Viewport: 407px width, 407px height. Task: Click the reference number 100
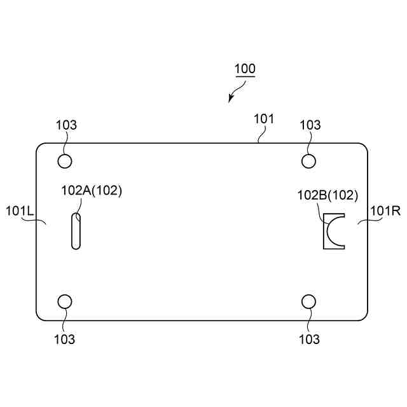pos(245,69)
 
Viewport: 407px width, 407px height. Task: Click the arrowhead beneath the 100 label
pos(231,99)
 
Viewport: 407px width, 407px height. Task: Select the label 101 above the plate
pos(264,118)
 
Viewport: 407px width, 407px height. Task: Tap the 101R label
pos(385,210)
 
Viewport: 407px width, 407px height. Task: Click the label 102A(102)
pos(91,190)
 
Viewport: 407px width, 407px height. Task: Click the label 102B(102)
pos(328,195)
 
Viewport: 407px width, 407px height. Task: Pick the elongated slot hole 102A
pos(76,231)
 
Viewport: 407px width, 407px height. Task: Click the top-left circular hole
pos(65,160)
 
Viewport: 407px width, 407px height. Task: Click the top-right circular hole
pos(308,160)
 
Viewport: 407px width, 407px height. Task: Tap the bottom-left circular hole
pos(65,301)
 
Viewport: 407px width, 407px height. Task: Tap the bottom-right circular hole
pos(308,301)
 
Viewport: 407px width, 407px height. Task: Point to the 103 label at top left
pos(66,125)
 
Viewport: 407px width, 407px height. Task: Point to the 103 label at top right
pos(310,125)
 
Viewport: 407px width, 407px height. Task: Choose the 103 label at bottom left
pos(65,339)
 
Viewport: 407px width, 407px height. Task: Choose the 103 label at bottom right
pos(310,339)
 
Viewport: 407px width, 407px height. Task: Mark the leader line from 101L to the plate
pos(40,221)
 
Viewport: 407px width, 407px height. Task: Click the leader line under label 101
pos(259,135)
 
